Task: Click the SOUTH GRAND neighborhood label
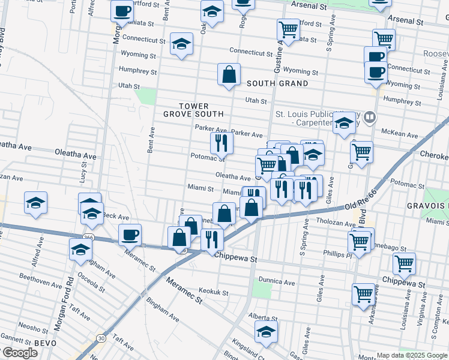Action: click(x=277, y=83)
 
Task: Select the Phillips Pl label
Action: click(x=336, y=254)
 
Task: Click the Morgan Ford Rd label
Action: click(x=64, y=307)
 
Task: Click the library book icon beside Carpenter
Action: click(x=370, y=118)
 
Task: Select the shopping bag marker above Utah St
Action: click(x=229, y=75)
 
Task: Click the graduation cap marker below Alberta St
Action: click(x=266, y=331)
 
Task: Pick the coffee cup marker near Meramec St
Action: click(x=130, y=235)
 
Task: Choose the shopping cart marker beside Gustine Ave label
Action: click(x=288, y=29)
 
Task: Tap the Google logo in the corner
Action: click(x=19, y=353)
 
